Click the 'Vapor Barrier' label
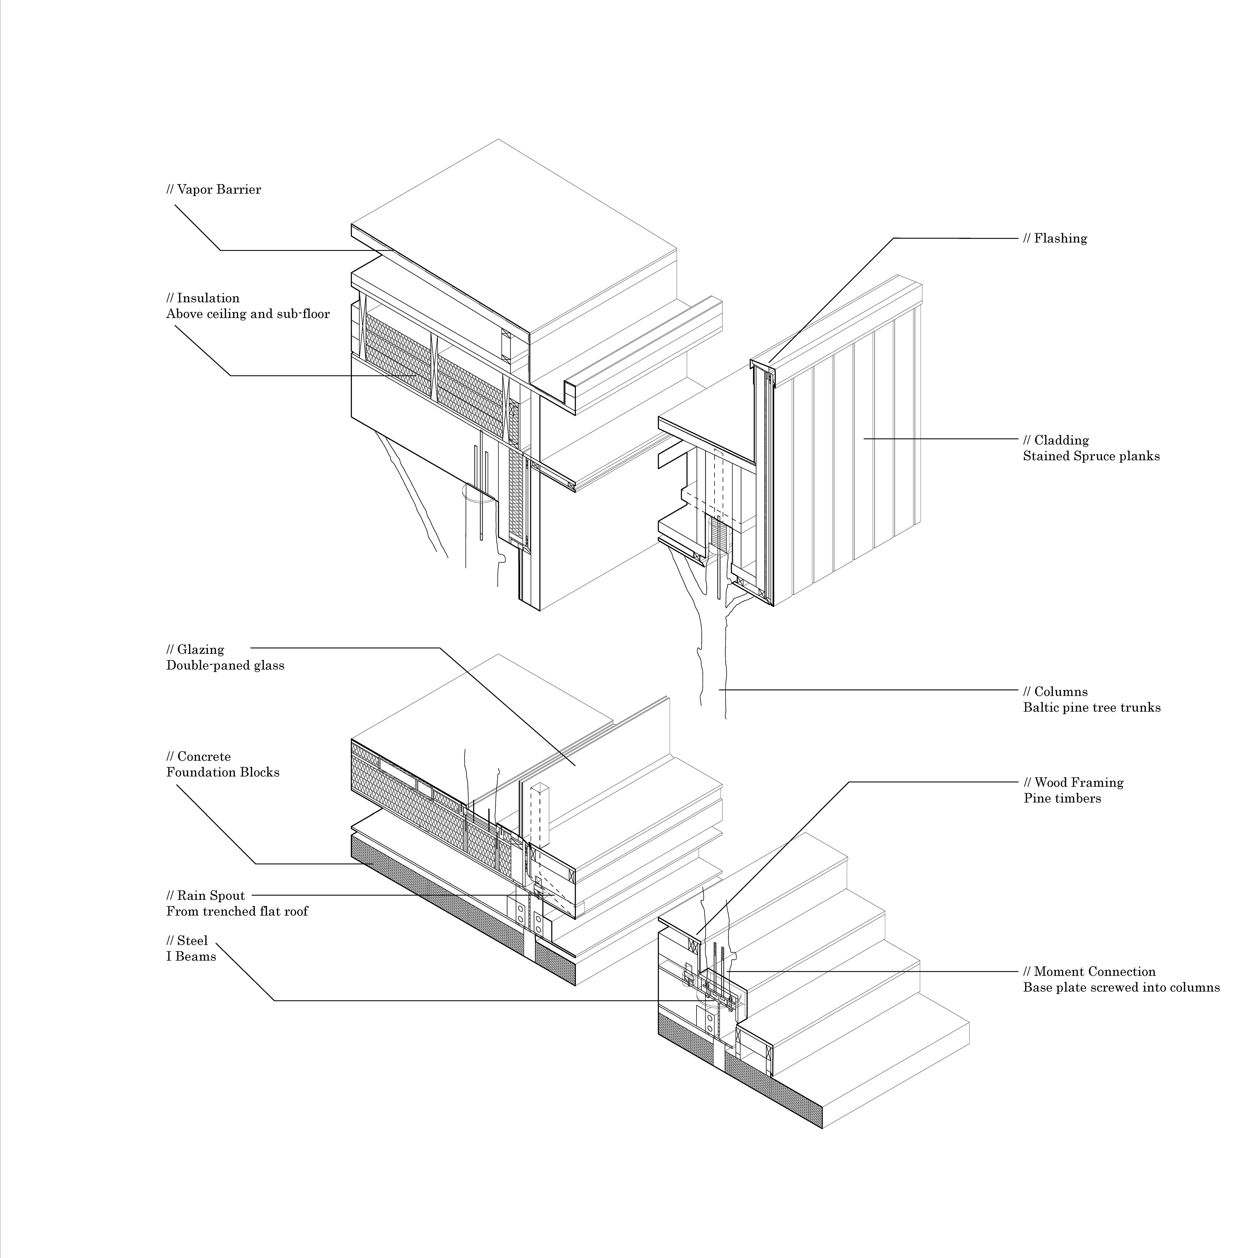click(219, 189)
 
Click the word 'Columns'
click(1060, 692)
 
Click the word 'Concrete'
click(203, 757)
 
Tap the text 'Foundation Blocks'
click(223, 772)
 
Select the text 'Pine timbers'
click(1062, 798)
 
